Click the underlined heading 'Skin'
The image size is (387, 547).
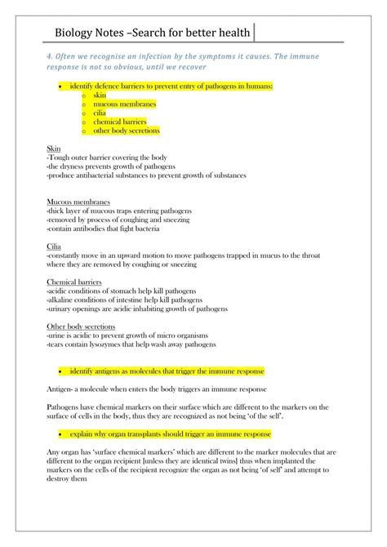coord(53,149)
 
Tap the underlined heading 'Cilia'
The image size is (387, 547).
coord(54,246)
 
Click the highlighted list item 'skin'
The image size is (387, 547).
coord(100,96)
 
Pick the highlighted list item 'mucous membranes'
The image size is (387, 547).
coord(125,105)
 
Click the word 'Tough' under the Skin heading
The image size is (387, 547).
coord(60,158)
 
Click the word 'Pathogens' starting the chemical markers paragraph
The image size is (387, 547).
coord(64,407)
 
